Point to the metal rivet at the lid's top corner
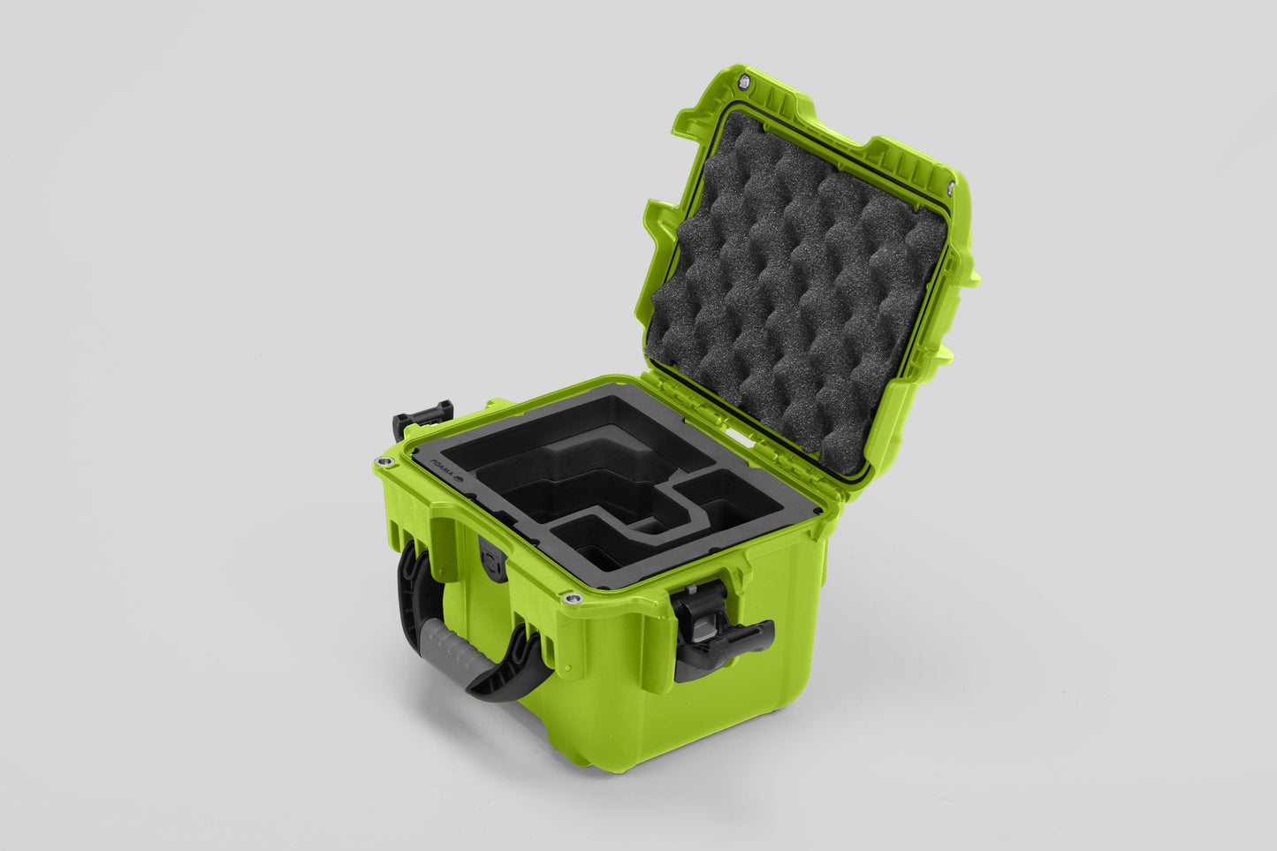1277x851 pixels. point(744,82)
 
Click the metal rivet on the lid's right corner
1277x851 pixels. point(951,188)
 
